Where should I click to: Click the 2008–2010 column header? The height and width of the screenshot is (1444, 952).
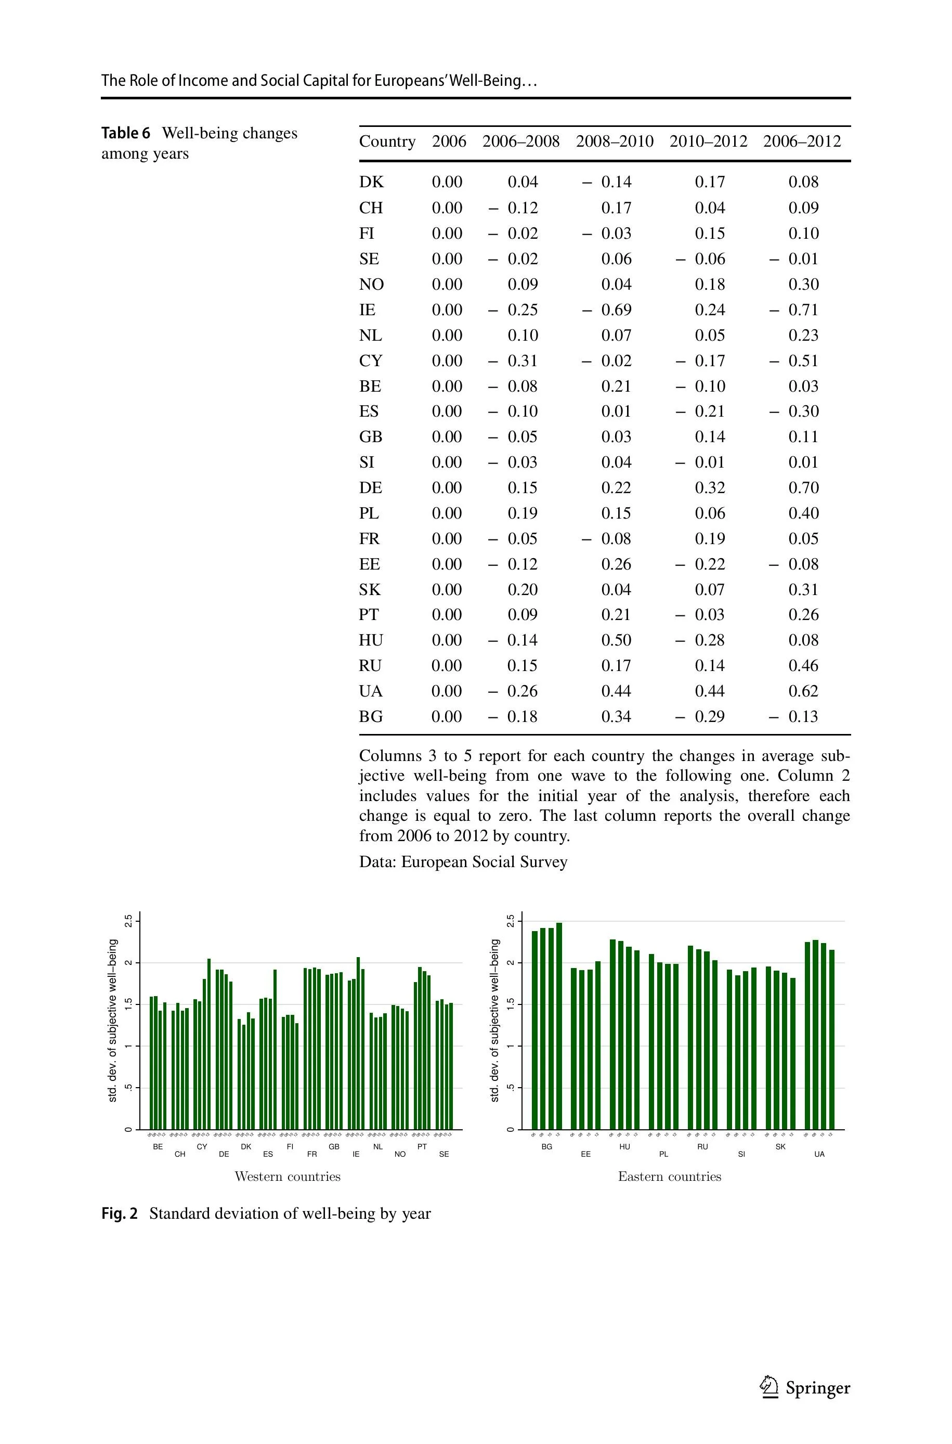pyautogui.click(x=615, y=141)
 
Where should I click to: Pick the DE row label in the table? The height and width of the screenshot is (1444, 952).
pyautogui.click(x=370, y=487)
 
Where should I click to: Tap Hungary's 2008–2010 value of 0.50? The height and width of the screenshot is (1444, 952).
pyautogui.click(x=616, y=640)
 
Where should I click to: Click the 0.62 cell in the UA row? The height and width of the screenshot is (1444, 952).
pyautogui.click(x=803, y=691)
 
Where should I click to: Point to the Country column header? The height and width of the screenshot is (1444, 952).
pyautogui.click(x=387, y=141)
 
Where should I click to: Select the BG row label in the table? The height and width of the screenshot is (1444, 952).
pyautogui.click(x=371, y=716)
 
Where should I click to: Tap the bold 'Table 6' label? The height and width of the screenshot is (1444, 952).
pyautogui.click(x=125, y=133)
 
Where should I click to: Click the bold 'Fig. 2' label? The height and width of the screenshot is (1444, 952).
pyautogui.click(x=120, y=1213)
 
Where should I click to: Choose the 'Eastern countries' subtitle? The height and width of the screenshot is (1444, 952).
pyautogui.click(x=669, y=1177)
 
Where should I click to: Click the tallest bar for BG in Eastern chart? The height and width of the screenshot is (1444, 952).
pyautogui.click(x=559, y=1026)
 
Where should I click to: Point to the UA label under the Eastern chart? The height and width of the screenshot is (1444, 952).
pyautogui.click(x=819, y=1154)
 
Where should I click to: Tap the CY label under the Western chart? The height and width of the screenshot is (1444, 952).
pyautogui.click(x=202, y=1146)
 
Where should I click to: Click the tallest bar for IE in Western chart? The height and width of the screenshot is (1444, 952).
pyautogui.click(x=358, y=1045)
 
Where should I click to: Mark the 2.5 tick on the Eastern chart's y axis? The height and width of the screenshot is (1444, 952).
pyautogui.click(x=511, y=921)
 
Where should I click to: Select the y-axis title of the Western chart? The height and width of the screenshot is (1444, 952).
pyautogui.click(x=112, y=1020)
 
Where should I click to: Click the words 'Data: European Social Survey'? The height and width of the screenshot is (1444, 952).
pyautogui.click(x=463, y=862)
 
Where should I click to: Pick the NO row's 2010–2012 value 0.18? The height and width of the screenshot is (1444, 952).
pyautogui.click(x=710, y=284)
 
